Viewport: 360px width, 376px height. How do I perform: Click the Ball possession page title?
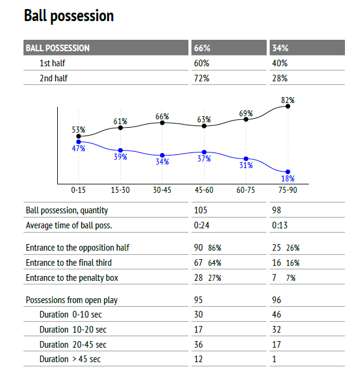pyautogui.click(x=69, y=16)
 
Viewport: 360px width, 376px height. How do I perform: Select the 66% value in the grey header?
pyautogui.click(x=202, y=48)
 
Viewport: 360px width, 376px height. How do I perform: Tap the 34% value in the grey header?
pyautogui.click(x=281, y=48)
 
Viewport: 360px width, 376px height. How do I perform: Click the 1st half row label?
pyautogui.click(x=52, y=63)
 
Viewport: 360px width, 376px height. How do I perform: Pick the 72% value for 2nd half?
pyautogui.click(x=202, y=78)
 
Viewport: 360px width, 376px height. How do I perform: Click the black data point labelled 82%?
pyautogui.click(x=288, y=106)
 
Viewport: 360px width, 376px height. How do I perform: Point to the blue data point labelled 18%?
pyautogui.click(x=288, y=172)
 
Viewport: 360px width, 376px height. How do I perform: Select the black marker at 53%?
pyautogui.click(x=79, y=136)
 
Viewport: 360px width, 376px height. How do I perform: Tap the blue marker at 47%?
pyautogui.click(x=79, y=142)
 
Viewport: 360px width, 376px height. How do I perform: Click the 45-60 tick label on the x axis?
pyautogui.click(x=204, y=190)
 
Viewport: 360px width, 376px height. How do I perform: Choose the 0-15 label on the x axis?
pyautogui.click(x=78, y=190)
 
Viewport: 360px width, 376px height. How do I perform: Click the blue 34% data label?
pyautogui.click(x=162, y=161)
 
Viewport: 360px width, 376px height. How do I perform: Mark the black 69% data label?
pyautogui.click(x=246, y=113)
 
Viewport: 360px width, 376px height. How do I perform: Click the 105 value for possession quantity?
pyautogui.click(x=200, y=210)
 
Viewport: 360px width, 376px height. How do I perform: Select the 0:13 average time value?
pyautogui.click(x=280, y=225)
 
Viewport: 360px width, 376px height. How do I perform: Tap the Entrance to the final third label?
pyautogui.click(x=69, y=263)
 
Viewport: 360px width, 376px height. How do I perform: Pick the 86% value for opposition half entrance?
pyautogui.click(x=214, y=248)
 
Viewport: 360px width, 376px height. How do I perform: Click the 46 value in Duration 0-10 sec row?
pyautogui.click(x=277, y=315)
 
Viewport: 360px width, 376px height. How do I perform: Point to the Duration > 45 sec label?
pyautogui.click(x=70, y=359)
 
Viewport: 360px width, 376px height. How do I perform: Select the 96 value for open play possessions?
pyautogui.click(x=277, y=299)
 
